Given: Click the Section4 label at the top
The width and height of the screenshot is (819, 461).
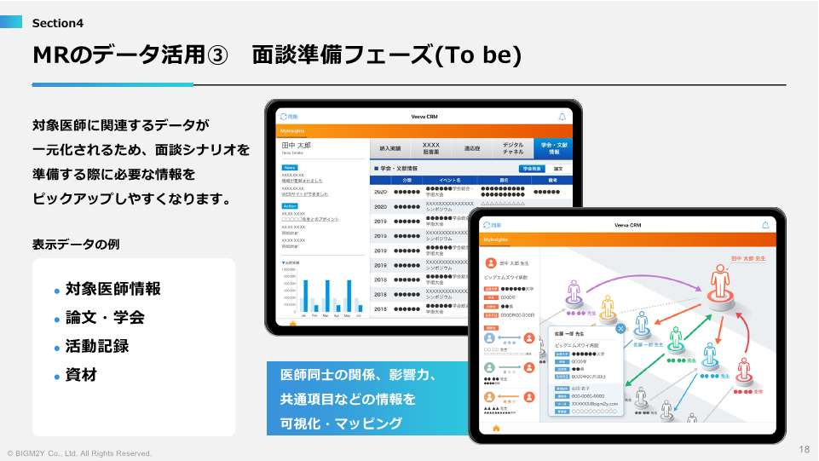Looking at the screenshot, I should coord(58,23).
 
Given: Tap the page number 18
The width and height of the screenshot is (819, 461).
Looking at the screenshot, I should coord(804,449).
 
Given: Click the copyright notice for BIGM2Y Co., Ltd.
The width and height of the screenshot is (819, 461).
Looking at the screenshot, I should coord(79,453).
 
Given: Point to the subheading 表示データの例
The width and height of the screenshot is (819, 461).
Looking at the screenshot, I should coord(76,244).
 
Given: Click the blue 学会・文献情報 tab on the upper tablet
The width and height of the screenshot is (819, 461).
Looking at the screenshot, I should coord(554,147).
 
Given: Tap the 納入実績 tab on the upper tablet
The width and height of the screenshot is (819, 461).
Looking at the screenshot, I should coord(390,148).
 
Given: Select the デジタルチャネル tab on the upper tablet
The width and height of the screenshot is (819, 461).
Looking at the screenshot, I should coord(513,147).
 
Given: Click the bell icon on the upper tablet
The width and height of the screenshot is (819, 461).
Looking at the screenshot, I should coord(562,116).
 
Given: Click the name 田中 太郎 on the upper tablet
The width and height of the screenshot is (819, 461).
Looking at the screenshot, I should coord(296,146).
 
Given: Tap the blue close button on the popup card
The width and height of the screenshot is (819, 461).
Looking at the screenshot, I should coord(620,328).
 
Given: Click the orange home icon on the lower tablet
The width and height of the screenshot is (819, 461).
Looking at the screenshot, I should coord(496,428).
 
